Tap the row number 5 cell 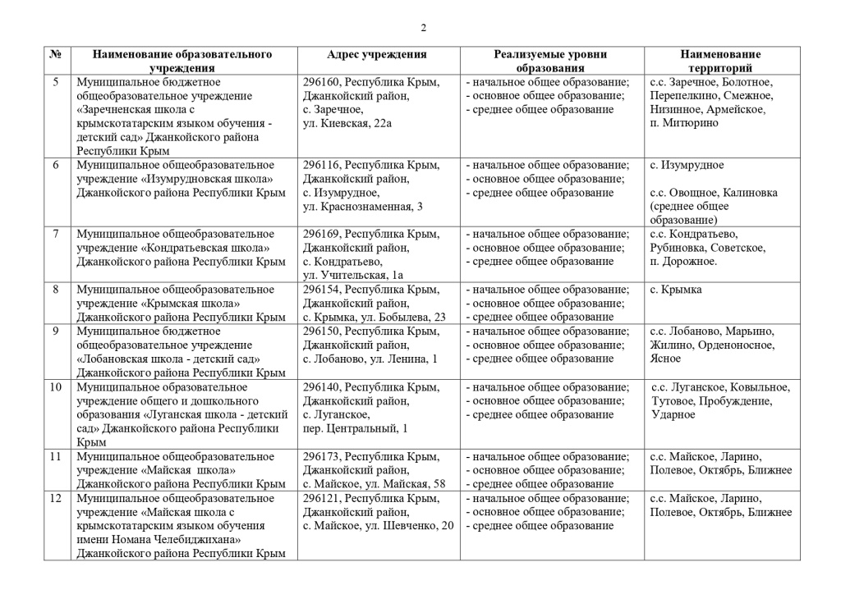click(x=56, y=82)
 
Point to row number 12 click(x=56, y=498)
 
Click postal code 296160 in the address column click(x=321, y=82)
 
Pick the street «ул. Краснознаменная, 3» click(x=362, y=207)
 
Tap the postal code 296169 click(x=321, y=235)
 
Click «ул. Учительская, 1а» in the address click(x=353, y=276)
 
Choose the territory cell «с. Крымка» click(x=675, y=290)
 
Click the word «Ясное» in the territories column click(x=665, y=359)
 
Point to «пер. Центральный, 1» click(x=355, y=428)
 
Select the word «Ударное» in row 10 click(x=673, y=414)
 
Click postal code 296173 click(x=321, y=456)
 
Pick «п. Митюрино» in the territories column click(x=683, y=123)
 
